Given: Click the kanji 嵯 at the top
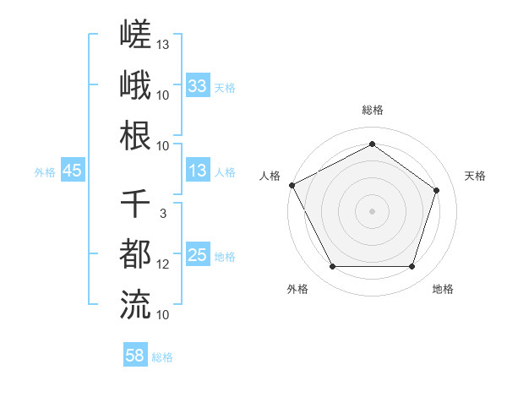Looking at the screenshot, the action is point(135,34).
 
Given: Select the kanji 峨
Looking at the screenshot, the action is point(135,84).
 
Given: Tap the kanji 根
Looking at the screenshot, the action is point(135,135).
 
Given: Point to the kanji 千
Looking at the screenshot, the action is point(135,204).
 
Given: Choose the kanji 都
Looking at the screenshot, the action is point(135,253).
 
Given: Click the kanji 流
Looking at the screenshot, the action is point(135,305).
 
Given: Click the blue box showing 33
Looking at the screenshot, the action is point(198,85).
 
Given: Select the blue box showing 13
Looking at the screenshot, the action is point(198,170).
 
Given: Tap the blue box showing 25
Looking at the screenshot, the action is point(198,253).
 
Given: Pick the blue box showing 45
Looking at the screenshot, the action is point(73,170).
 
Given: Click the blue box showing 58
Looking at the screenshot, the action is point(135,354).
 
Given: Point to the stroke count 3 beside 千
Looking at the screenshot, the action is point(163,214).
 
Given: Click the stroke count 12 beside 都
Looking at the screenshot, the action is point(162,264).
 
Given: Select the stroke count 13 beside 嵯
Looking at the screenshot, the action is point(162,45).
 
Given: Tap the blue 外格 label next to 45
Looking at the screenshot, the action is point(45,172).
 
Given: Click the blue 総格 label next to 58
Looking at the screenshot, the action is point(162,357).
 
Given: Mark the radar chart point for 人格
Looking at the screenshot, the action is point(292,185).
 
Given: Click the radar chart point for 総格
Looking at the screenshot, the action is point(372,144).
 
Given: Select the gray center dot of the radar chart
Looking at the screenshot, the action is point(372,211).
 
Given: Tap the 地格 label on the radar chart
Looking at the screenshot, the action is point(443,289).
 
